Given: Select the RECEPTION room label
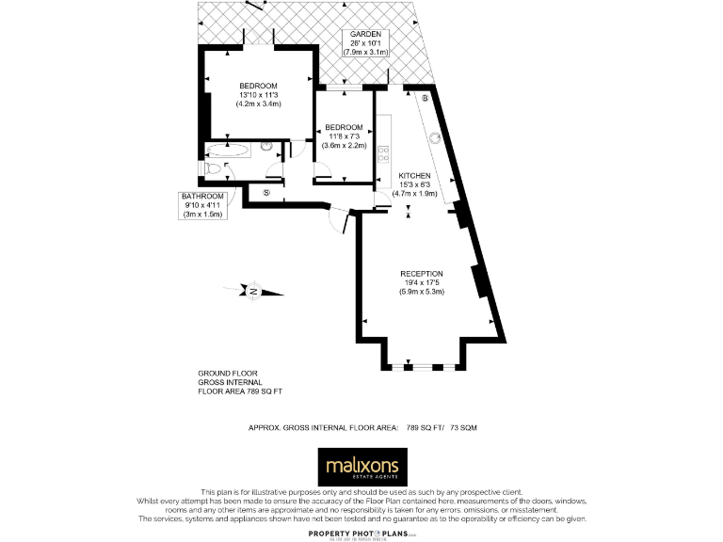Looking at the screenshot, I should [x=421, y=274].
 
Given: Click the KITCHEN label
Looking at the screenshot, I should [x=414, y=176].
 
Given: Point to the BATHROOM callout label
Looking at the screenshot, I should [x=203, y=196].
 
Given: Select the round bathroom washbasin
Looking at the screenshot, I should [x=266, y=147].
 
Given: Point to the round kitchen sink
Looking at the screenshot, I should [x=436, y=138].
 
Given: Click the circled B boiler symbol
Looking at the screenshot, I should [x=426, y=98].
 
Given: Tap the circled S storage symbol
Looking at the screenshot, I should [x=266, y=193].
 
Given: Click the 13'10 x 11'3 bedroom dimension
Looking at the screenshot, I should [x=258, y=95].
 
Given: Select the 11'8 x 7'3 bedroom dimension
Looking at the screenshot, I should [x=344, y=136].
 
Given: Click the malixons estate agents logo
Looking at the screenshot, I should [x=361, y=467].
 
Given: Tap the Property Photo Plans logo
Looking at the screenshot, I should [x=361, y=533].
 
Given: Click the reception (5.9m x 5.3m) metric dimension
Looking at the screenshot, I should [x=421, y=292].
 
